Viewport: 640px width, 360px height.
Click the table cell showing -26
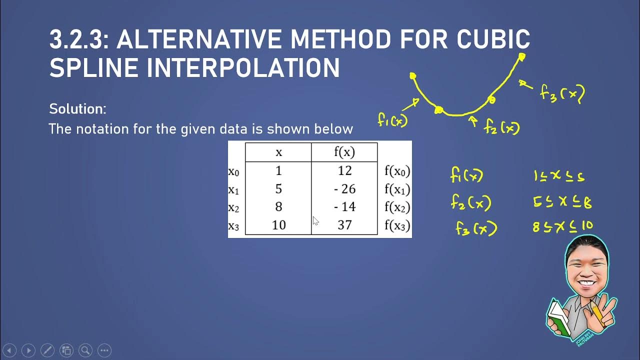pos(344,189)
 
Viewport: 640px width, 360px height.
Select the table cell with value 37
pos(344,225)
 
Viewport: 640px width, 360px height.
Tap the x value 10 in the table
pos(278,225)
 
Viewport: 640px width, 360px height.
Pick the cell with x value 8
pos(278,207)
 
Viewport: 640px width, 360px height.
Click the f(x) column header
pos(344,152)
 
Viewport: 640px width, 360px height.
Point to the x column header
pos(278,152)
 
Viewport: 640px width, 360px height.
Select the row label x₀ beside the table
pos(233,171)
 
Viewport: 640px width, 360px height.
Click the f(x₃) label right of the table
pos(397,225)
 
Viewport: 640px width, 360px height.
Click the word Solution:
pos(77,108)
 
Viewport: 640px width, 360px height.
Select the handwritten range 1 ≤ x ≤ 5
pos(558,176)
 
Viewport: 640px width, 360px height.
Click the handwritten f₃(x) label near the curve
pos(562,93)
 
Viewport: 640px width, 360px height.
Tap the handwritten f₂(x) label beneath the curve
pos(501,128)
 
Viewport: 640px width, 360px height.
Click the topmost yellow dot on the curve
pos(521,57)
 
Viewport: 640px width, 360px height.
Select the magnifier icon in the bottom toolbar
pos(85,350)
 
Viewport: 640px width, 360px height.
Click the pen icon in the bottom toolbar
pos(47,350)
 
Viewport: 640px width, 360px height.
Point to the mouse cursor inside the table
pos(315,221)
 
